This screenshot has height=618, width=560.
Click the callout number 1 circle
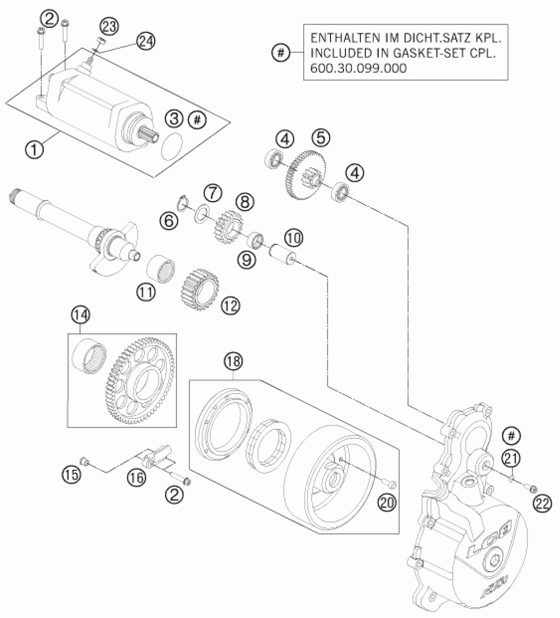click(x=34, y=150)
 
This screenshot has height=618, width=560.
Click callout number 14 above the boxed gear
click(x=81, y=315)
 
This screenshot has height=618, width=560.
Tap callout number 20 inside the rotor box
click(x=387, y=503)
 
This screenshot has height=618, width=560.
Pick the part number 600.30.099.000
click(x=358, y=68)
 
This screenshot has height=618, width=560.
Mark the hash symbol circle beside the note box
click(x=281, y=52)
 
